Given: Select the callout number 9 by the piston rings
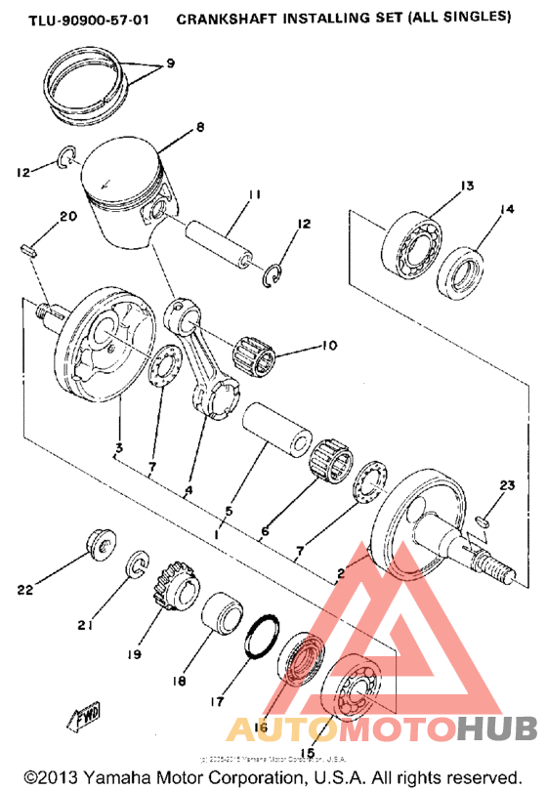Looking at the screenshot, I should coord(170,64).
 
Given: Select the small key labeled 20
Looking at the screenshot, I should coord(29,249).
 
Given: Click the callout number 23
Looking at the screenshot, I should coord(506,486).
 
